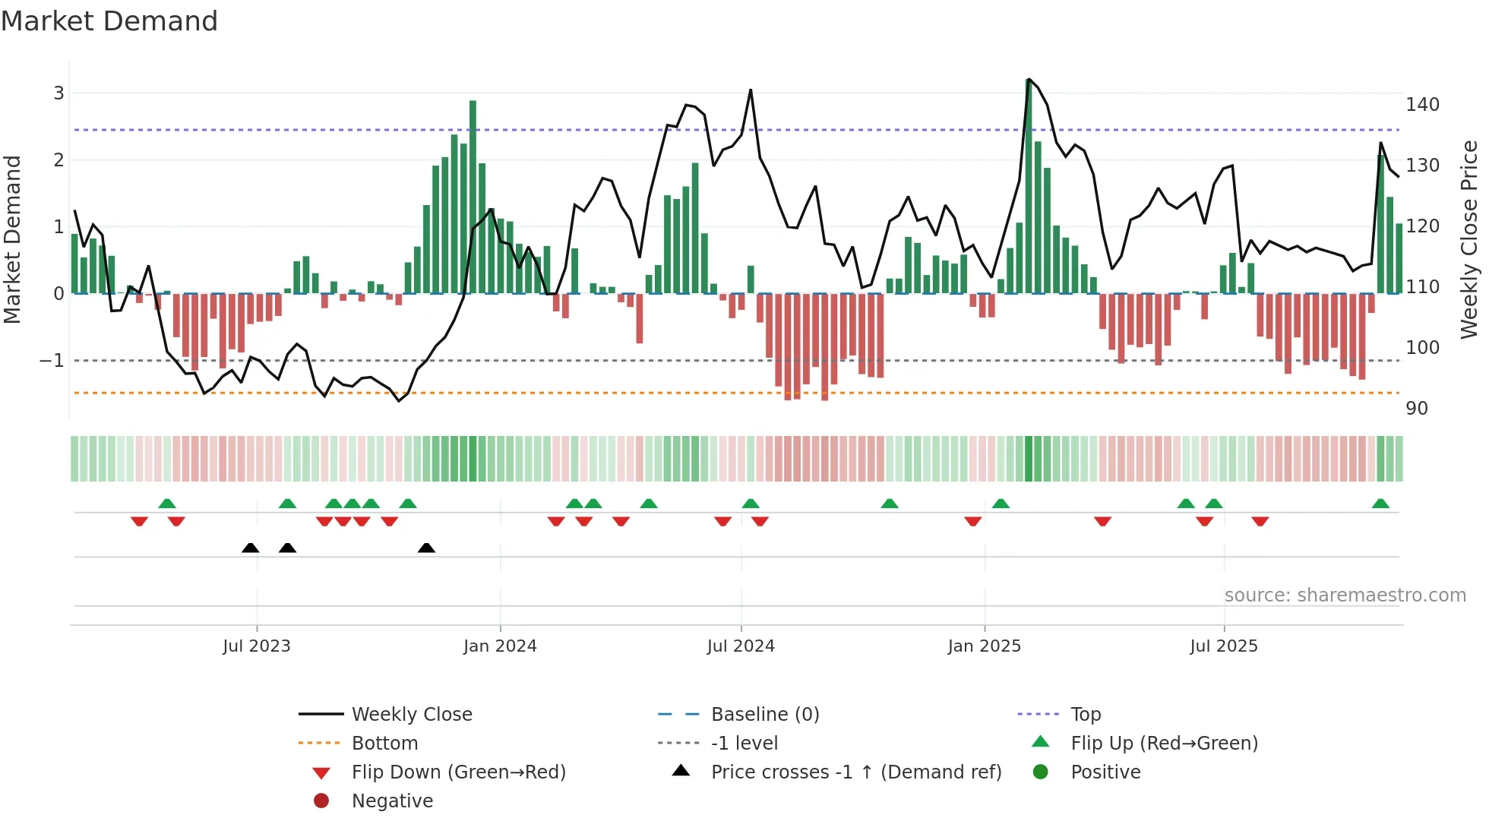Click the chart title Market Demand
109,21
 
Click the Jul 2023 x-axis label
256,646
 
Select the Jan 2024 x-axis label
500,646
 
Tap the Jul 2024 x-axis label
741,646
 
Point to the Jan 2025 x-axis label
985,646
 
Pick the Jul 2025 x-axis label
1224,646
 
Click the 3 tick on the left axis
58,93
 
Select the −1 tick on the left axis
52,361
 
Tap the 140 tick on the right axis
1422,105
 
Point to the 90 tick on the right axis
1417,409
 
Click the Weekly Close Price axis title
1469,239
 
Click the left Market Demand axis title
13,239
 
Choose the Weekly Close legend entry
411,715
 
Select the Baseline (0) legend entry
764,715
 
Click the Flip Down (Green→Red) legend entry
458,772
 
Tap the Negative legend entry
392,801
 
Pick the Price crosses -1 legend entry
855,772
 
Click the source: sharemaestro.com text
1345,595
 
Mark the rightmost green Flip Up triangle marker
1380,504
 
